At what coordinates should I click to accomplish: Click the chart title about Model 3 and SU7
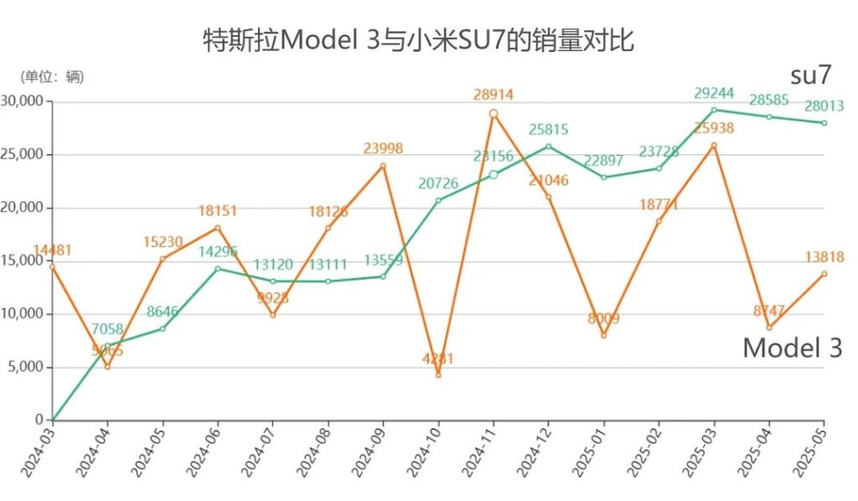pyautogui.click(x=419, y=39)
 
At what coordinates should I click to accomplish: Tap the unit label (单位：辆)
pyautogui.click(x=52, y=76)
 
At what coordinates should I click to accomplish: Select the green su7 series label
pyautogui.click(x=810, y=75)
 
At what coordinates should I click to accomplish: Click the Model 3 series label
pyautogui.click(x=792, y=349)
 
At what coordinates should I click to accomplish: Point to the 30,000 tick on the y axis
pyautogui.click(x=24, y=101)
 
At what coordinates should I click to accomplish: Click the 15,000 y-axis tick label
pyautogui.click(x=24, y=261)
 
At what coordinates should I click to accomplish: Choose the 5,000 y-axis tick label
pyautogui.click(x=27, y=367)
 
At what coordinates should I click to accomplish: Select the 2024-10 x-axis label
pyautogui.click(x=422, y=452)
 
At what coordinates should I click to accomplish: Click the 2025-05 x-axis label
pyautogui.click(x=809, y=452)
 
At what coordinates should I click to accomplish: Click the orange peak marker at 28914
pyautogui.click(x=494, y=113)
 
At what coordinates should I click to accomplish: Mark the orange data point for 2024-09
pyautogui.click(x=383, y=165)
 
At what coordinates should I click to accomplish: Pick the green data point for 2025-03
pyautogui.click(x=714, y=110)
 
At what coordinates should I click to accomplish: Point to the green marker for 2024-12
pyautogui.click(x=549, y=146)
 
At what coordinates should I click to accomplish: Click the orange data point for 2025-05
pyautogui.click(x=824, y=273)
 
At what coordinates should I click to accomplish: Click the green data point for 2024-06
pyautogui.click(x=217, y=268)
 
